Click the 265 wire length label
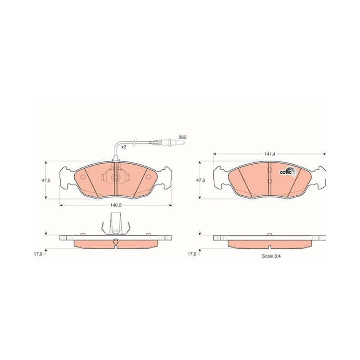[x=183, y=137]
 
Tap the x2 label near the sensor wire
[x=124, y=147]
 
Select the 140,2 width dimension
[x=116, y=205]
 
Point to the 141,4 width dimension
[x=270, y=154]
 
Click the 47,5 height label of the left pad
[x=46, y=180]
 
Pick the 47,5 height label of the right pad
[x=200, y=180]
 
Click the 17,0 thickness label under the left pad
[x=38, y=254]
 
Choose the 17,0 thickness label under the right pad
[x=192, y=254]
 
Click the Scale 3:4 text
[x=271, y=256]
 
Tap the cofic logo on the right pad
[x=288, y=172]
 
